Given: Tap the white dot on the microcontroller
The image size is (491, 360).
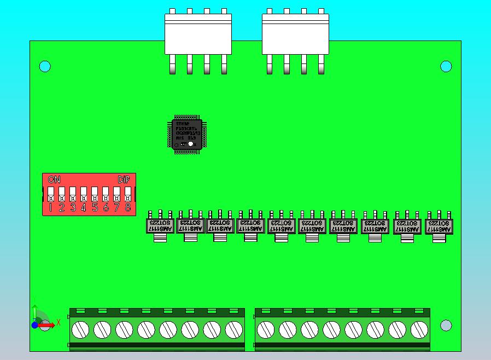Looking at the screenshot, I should pos(190,144).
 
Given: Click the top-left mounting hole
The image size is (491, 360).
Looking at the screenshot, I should pos(45,67).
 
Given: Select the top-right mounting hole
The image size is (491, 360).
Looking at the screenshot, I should pos(446,67).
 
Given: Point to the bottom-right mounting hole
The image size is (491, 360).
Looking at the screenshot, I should pos(446,326).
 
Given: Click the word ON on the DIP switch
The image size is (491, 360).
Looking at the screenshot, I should pos(54,179).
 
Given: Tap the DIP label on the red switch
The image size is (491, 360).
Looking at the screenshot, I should pos(124,179).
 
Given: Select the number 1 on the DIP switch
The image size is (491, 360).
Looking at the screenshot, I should pos(50,207).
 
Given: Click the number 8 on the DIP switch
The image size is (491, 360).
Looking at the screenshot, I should pos(128,207).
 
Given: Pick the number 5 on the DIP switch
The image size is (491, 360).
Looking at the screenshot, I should pos(95,207).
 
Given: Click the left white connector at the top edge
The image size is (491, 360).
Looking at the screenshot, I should pos(198,34).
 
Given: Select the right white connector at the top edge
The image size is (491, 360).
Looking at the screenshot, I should pos(295,34).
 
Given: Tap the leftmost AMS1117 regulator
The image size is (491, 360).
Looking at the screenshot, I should pos(160,226).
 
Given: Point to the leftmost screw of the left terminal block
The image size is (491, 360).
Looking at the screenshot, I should pos(80,330).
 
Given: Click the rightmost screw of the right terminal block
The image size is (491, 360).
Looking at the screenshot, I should pos(419,330).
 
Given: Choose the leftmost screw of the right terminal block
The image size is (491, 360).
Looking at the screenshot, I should pos(266,330).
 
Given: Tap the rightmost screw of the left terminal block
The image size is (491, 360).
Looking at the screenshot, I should pos(233,330).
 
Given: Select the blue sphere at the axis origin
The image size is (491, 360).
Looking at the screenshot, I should pos(35,325).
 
